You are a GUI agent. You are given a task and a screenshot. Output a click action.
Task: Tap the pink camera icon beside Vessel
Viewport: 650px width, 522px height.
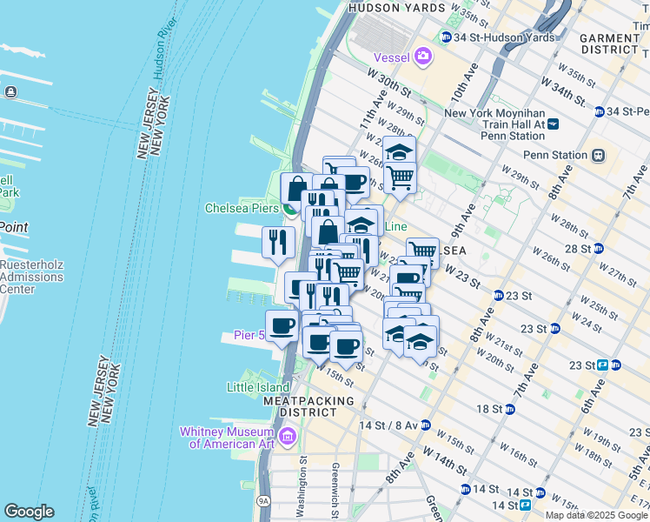pyautogui.click(x=423, y=57)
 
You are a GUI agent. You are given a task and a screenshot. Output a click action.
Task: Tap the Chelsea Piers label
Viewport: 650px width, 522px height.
pyautogui.click(x=240, y=209)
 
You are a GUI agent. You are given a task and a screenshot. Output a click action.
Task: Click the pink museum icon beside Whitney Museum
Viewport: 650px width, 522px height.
pyautogui.click(x=287, y=435)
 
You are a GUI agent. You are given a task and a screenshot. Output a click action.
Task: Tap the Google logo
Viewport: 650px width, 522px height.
pyautogui.click(x=29, y=512)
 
